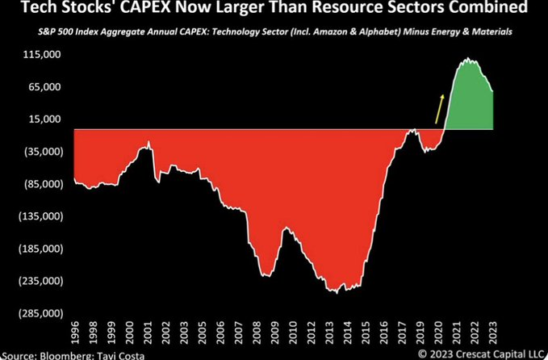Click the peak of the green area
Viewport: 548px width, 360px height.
[x=466, y=59]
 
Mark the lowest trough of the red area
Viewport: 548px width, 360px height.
[x=336, y=292]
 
